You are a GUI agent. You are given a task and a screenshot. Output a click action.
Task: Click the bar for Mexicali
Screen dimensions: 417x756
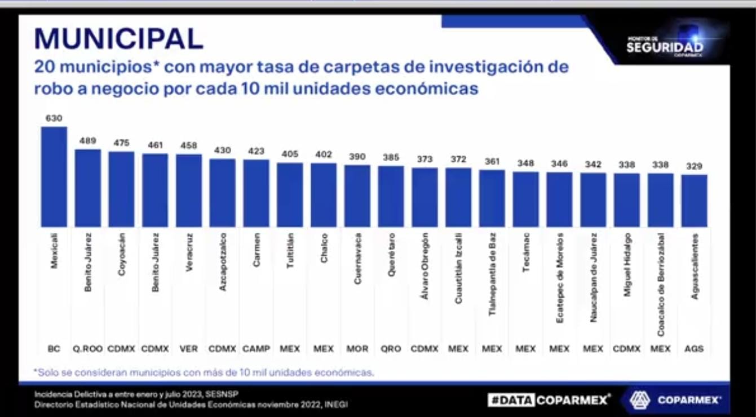coord(54,177)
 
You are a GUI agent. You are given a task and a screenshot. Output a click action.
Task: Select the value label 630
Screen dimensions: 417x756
coord(54,118)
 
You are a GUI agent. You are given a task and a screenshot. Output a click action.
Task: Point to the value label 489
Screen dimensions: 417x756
coord(88,141)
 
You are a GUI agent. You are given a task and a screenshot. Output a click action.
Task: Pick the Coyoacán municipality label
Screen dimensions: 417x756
coord(122,254)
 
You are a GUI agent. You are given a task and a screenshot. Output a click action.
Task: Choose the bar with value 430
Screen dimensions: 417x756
coord(223,193)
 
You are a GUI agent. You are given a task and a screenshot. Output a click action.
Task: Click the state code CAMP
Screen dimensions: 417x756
coord(257,349)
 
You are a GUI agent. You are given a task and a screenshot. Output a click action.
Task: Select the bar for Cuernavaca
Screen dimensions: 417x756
coord(357,196)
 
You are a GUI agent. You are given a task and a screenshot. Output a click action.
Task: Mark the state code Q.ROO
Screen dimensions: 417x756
coord(88,349)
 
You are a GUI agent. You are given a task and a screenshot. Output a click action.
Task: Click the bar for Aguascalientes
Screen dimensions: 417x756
coord(694,201)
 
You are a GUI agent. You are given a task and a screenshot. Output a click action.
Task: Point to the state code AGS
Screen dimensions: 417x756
coord(694,349)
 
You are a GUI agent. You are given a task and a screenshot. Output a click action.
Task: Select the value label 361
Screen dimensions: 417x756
coord(492,161)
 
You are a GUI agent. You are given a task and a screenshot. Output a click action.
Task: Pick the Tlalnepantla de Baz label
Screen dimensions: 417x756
coord(492,274)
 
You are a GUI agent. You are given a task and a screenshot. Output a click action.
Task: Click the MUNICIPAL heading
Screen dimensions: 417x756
coord(118,39)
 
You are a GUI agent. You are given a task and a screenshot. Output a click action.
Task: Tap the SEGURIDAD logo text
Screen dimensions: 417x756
coord(665,48)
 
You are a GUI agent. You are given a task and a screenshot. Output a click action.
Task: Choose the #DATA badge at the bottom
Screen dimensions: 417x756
coord(511,400)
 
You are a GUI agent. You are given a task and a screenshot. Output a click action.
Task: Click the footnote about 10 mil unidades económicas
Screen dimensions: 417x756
coord(204,372)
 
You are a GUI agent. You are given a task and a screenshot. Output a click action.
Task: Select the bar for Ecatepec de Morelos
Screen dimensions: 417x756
coord(559,199)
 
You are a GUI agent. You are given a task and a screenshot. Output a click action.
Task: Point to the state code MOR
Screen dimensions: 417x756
coord(357,349)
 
